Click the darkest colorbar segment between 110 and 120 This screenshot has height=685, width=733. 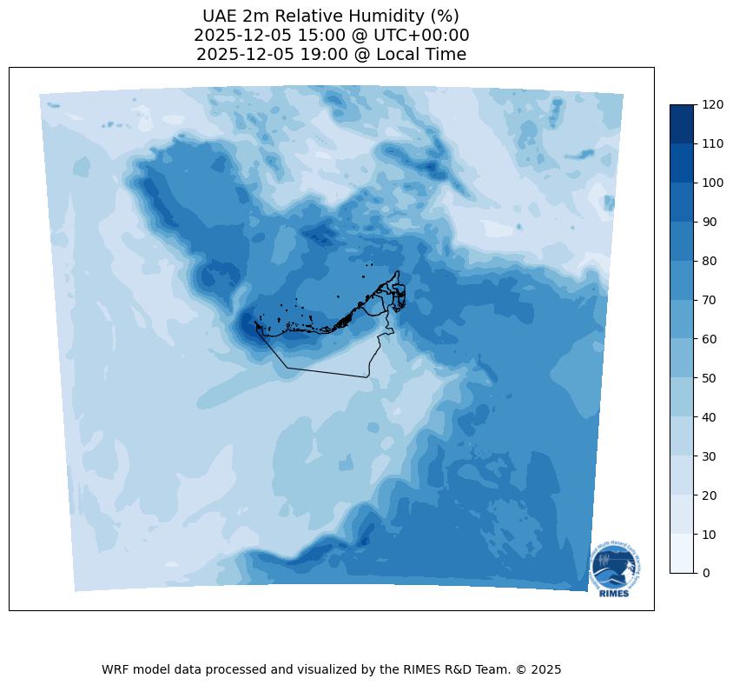(x=683, y=123)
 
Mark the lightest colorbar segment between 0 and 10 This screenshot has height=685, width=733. (x=683, y=554)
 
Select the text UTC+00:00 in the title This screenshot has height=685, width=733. (x=421, y=36)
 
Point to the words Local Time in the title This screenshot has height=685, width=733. (x=415, y=55)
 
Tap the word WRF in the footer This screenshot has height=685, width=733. (x=116, y=669)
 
